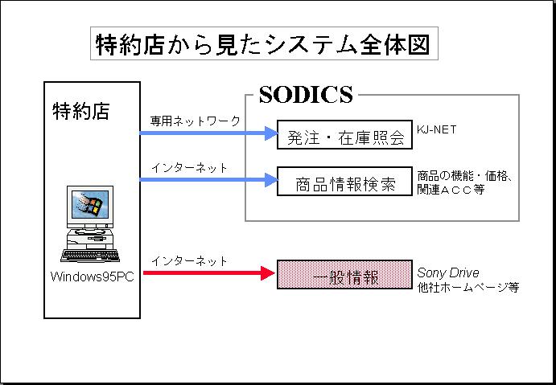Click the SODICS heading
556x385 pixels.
pyautogui.click(x=306, y=96)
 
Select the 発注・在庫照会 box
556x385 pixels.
pyautogui.click(x=344, y=137)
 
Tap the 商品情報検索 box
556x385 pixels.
pyautogui.click(x=344, y=184)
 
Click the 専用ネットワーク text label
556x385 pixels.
pyautogui.click(x=195, y=121)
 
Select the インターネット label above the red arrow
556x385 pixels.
pyautogui.click(x=189, y=261)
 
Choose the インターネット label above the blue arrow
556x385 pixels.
pyautogui.click(x=189, y=168)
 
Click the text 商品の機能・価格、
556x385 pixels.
pyautogui.click(x=464, y=174)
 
